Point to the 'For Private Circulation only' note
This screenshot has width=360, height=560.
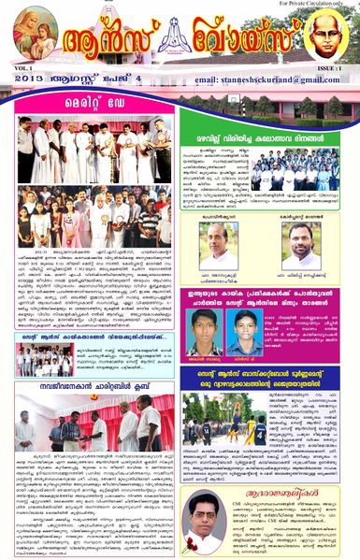(x=314, y=5)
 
